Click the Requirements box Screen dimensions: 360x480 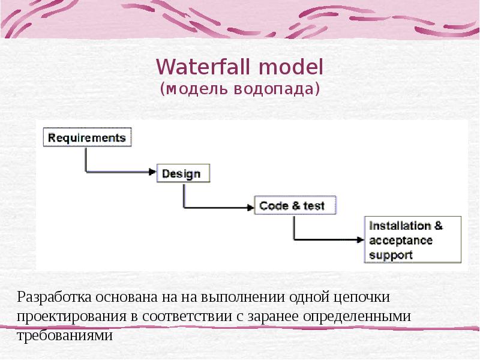[87, 137]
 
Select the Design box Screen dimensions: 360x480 [183, 173]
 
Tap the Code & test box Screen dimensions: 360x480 [295, 206]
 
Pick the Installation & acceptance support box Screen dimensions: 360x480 [413, 240]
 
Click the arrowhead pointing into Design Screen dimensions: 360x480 [152, 172]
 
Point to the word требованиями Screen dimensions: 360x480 [64, 335]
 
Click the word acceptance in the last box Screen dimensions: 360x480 [401, 241]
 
